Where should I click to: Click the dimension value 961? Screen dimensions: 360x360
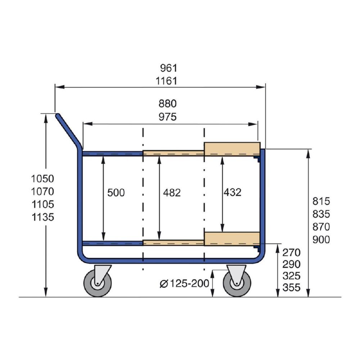(168, 68)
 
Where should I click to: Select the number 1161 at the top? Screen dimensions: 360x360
(166, 81)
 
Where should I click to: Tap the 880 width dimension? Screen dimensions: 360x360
(168, 104)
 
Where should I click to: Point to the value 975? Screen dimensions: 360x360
(168, 117)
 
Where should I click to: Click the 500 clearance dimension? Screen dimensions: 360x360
(116, 193)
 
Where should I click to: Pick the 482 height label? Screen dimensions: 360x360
(172, 193)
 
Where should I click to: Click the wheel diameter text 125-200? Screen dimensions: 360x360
(189, 283)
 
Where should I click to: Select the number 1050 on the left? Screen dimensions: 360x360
(42, 179)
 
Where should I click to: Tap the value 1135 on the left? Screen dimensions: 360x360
(42, 217)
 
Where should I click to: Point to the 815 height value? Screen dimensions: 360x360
(321, 201)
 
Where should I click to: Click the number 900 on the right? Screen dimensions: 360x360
(321, 239)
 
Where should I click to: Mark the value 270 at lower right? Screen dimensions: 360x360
(292, 252)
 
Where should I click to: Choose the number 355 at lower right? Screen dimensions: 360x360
(292, 288)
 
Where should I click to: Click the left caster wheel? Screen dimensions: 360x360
(98, 284)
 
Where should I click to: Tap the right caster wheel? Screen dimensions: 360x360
(237, 284)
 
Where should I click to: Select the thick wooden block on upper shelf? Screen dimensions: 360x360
(232, 149)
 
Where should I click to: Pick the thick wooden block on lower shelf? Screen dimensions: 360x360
(232, 239)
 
